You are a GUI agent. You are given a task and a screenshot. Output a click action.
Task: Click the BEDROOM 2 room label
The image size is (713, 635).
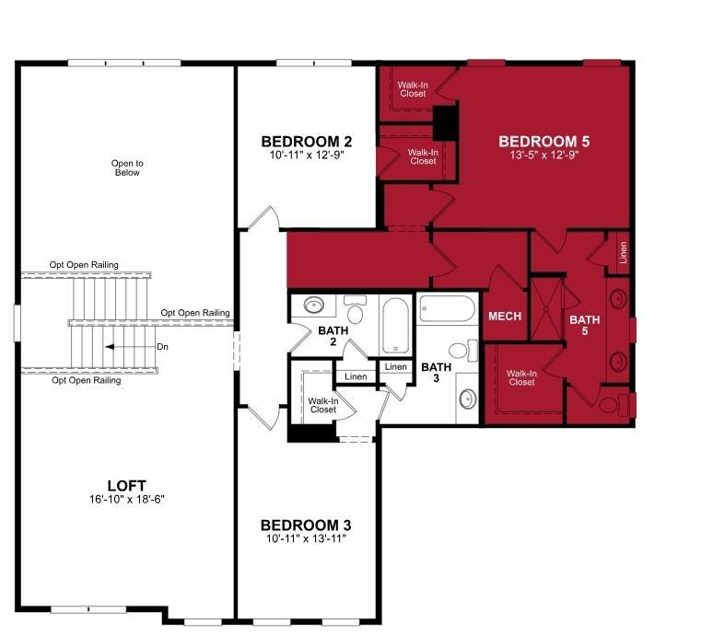tap(306, 142)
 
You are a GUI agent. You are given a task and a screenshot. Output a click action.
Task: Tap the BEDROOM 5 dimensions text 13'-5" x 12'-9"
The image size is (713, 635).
tap(544, 155)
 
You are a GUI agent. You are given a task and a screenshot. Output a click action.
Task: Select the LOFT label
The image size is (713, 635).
tap(127, 486)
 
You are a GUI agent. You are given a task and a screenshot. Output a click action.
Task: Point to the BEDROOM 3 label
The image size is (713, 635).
tap(306, 525)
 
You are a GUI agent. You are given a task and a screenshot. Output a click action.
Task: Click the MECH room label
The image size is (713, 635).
tap(505, 317)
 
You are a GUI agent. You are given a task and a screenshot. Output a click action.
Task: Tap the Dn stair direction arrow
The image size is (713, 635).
tap(130, 347)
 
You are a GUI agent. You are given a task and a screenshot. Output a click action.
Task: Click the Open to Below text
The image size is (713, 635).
tap(127, 168)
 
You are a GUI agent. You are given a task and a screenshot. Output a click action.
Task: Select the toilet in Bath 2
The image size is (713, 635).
tap(355, 309)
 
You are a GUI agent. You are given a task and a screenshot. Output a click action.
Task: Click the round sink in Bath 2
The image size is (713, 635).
tap(313, 305)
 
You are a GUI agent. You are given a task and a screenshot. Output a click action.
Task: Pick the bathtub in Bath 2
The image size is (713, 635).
tap(395, 325)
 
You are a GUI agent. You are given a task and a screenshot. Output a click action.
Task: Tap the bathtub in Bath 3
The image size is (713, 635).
tap(447, 309)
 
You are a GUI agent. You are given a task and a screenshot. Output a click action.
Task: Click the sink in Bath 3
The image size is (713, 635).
tap(467, 398)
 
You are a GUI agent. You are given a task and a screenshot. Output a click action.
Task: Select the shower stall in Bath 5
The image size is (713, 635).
tap(546, 309)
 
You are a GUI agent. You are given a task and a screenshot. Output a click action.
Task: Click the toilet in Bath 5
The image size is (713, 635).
tap(613, 405)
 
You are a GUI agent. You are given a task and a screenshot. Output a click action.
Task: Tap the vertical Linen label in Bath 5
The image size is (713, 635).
tap(623, 252)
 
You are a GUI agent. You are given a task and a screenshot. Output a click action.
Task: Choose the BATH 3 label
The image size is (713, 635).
tap(437, 372)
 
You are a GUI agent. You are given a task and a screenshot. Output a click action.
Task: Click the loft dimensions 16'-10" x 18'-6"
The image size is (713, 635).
tap(127, 499)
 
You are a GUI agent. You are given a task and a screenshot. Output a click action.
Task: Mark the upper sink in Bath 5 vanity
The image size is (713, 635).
tap(618, 299)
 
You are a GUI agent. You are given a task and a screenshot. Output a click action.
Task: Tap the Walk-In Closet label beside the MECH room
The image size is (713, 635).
tap(521, 378)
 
